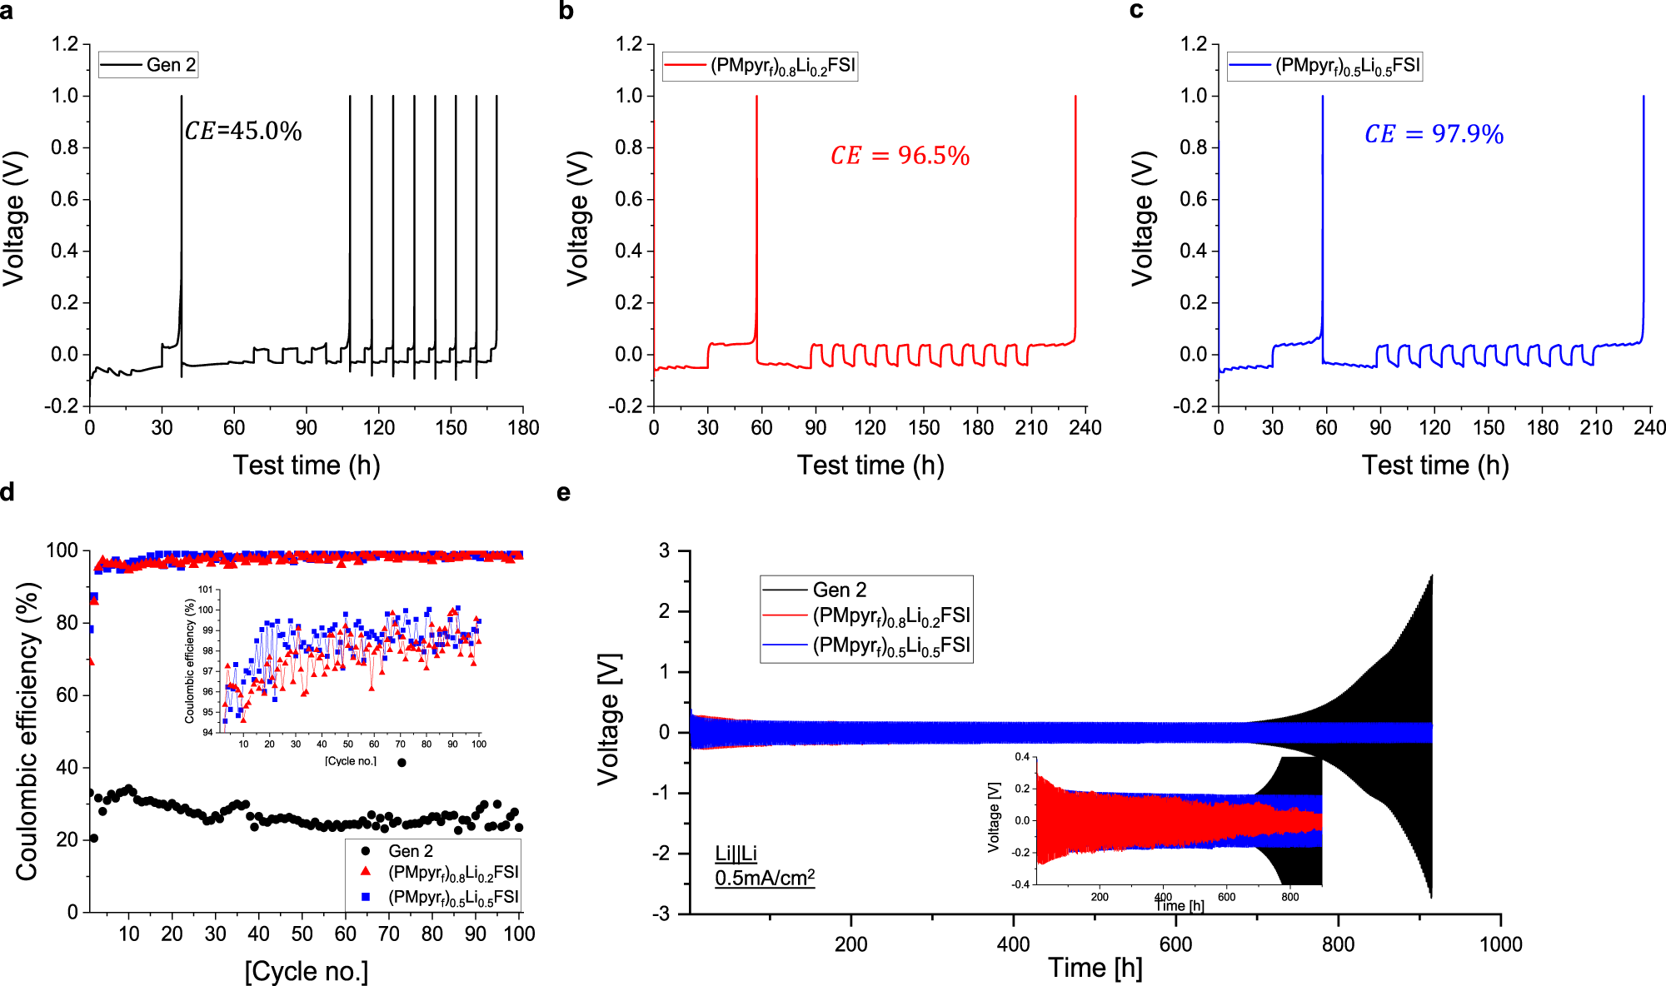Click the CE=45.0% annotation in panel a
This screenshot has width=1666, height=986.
pyautogui.click(x=243, y=132)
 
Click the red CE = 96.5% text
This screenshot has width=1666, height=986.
pyautogui.click(x=900, y=156)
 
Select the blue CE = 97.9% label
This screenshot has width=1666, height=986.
pyautogui.click(x=1434, y=134)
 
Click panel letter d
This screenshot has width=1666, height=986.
pyautogui.click(x=7, y=492)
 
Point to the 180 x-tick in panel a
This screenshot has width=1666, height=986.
pyautogui.click(x=523, y=428)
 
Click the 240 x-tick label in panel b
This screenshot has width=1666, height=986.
pyautogui.click(x=1085, y=428)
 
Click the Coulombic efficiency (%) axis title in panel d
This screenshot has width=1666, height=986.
pyautogui.click(x=27, y=731)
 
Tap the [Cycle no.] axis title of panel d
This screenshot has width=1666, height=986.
pyautogui.click(x=306, y=971)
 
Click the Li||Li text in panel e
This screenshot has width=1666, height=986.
pyautogui.click(x=736, y=854)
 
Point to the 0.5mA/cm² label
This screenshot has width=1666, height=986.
pyautogui.click(x=765, y=878)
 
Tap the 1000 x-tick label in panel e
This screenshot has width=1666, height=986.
pyautogui.click(x=1500, y=944)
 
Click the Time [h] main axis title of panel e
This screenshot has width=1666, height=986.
pyautogui.click(x=1095, y=968)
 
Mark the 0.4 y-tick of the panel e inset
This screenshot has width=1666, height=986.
pyautogui.click(x=1021, y=757)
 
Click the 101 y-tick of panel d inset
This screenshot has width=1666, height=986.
pyautogui.click(x=205, y=590)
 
